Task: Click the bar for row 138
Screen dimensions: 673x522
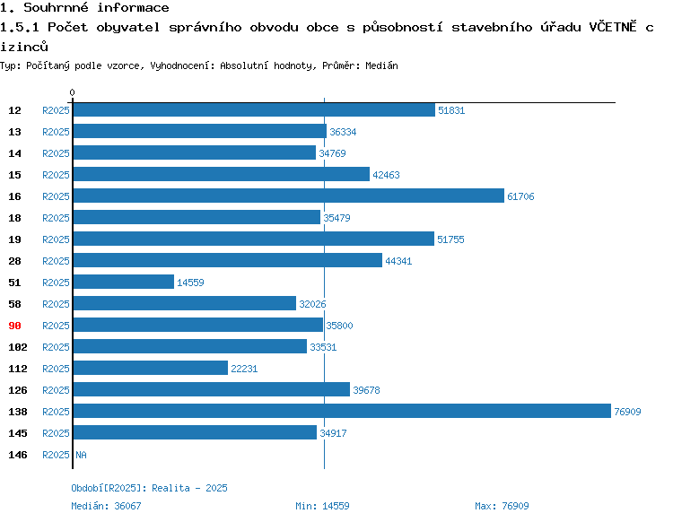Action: [342, 411]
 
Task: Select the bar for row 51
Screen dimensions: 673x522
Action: [124, 282]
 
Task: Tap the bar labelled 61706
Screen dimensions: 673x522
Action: [289, 196]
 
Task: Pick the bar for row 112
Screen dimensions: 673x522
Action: [151, 368]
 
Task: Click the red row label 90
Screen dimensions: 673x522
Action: [14, 326]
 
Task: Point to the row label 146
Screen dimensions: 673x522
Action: [18, 455]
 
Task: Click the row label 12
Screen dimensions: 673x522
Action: [14, 110]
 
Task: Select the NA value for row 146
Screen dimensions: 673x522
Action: [81, 455]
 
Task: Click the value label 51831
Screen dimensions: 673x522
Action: [451, 110]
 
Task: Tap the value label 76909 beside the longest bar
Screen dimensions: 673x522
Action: [627, 412]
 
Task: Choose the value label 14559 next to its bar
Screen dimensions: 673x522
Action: [190, 283]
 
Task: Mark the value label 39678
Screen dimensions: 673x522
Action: [366, 390]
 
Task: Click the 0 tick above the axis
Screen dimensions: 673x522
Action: [72, 92]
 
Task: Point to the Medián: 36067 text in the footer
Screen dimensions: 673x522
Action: [106, 506]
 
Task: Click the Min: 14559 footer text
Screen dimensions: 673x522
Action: [322, 506]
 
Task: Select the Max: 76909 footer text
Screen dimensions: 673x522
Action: [502, 506]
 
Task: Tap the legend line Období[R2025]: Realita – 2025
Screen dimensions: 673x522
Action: [149, 488]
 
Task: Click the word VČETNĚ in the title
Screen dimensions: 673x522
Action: [613, 27]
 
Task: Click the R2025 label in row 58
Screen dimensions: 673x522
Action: [56, 304]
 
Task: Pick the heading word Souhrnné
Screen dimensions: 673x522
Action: [56, 7]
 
